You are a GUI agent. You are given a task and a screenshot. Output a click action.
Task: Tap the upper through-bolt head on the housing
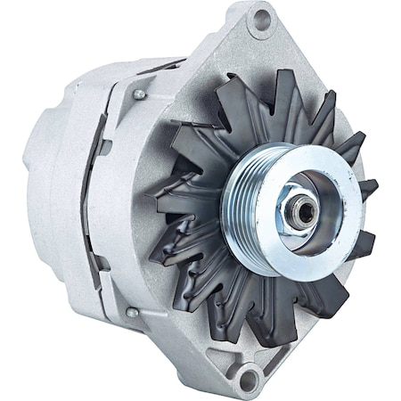[139, 94]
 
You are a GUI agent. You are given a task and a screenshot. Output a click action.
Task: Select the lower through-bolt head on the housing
[132, 312]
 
